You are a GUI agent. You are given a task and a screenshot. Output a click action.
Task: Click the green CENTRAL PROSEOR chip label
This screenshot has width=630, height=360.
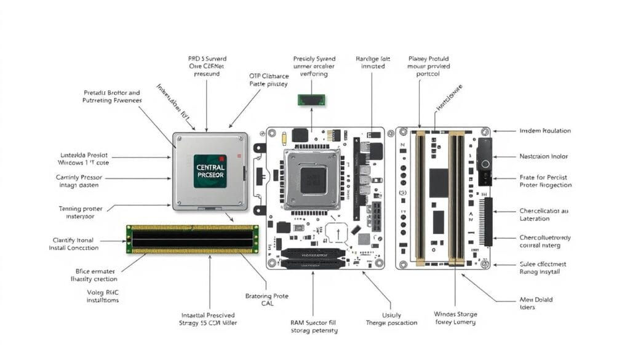209,170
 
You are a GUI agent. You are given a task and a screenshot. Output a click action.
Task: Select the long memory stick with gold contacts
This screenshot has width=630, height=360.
193,239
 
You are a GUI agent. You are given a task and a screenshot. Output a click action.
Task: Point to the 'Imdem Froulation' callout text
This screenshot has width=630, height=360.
544,130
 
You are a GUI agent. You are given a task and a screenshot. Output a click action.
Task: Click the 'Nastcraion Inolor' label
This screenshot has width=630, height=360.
544,156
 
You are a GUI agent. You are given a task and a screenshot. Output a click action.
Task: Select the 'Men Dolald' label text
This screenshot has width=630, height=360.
536,304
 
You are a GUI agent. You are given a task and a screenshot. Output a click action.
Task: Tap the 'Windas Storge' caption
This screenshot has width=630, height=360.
455,318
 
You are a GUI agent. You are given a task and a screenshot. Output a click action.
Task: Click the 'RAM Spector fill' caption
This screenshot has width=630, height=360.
314,326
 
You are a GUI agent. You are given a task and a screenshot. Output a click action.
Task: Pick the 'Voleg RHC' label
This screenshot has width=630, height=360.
102,296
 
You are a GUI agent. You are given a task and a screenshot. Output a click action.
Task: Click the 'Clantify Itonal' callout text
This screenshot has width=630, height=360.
73,243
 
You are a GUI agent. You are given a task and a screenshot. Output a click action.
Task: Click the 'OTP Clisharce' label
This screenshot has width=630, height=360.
268,81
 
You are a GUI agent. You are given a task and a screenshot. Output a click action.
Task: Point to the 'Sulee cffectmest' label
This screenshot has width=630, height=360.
543,268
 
